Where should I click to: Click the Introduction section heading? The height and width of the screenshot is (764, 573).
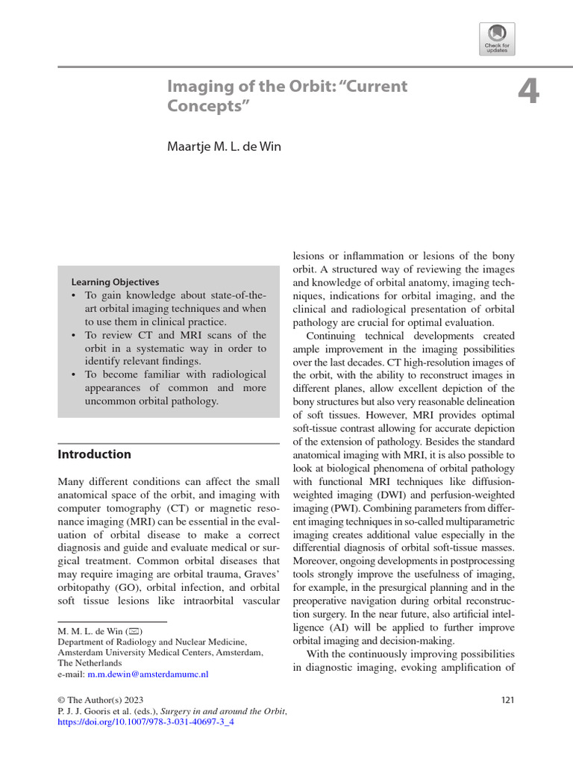pyautogui.click(x=94, y=454)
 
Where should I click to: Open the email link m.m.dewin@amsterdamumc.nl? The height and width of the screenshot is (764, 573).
pyautogui.click(x=148, y=673)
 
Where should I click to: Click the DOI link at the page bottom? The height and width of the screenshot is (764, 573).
pyautogui.click(x=146, y=723)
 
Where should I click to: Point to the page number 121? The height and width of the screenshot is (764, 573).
pyautogui.click(x=506, y=700)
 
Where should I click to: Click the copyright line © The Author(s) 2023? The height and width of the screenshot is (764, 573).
pyautogui.click(x=98, y=700)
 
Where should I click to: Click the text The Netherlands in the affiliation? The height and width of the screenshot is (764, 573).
pyautogui.click(x=91, y=663)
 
